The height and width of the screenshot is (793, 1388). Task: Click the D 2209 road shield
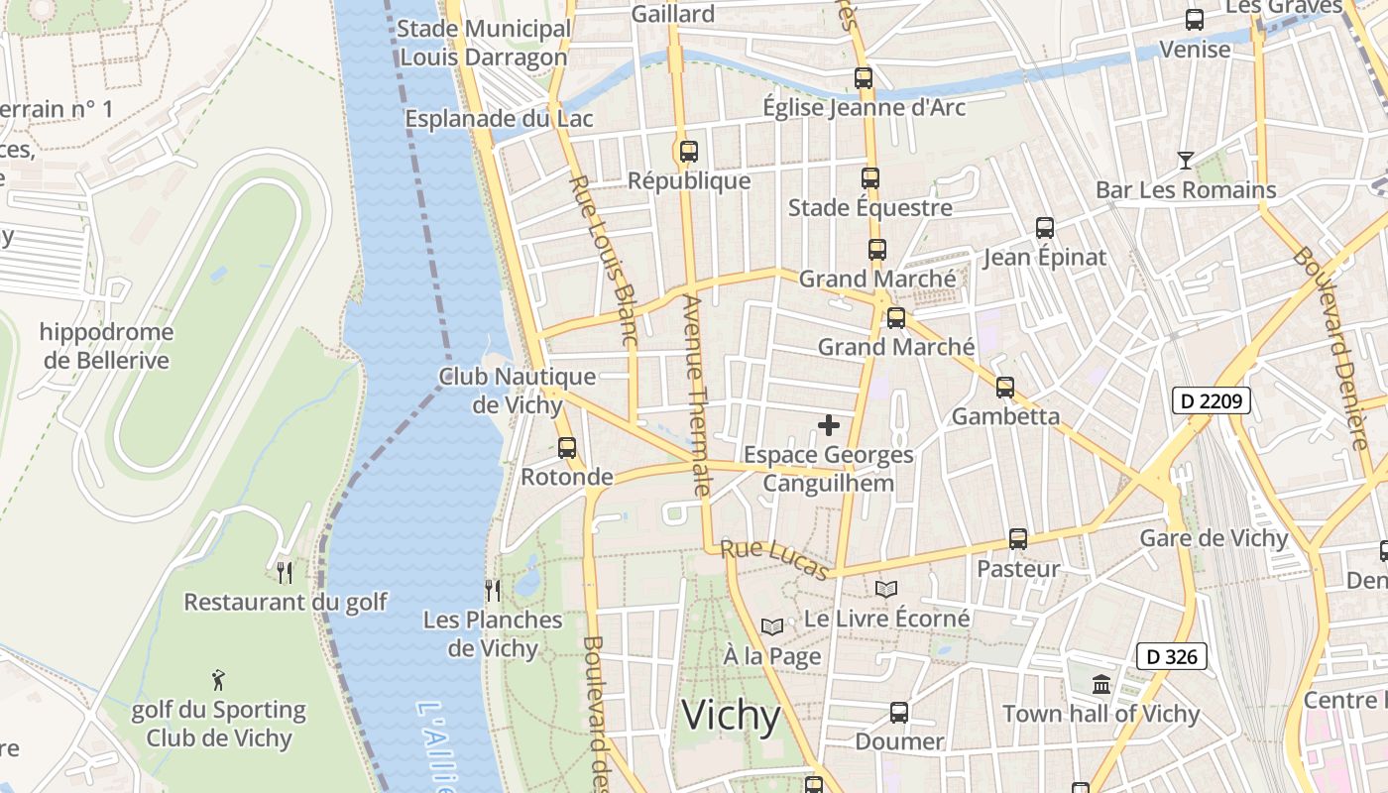click(x=1211, y=400)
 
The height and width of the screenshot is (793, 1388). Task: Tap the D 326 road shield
click(x=1171, y=655)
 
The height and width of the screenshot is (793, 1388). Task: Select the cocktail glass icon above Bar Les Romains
click(x=1185, y=160)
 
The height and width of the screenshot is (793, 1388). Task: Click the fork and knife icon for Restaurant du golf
click(x=285, y=572)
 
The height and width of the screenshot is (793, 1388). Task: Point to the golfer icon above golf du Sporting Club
click(x=219, y=680)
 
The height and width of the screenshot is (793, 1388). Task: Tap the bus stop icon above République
click(x=688, y=152)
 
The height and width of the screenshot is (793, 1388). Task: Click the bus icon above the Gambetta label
click(x=1005, y=387)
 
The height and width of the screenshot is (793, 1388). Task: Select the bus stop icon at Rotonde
click(x=567, y=447)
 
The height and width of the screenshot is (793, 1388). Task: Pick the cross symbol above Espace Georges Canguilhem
click(x=829, y=425)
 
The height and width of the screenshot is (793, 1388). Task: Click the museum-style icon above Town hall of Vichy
click(x=1100, y=684)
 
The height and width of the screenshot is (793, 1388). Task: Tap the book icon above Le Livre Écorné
click(x=885, y=589)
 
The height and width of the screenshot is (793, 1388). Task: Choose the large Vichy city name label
click(x=732, y=715)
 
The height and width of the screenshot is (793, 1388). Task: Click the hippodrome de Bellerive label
click(x=106, y=346)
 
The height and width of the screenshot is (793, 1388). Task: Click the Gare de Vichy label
click(x=1214, y=538)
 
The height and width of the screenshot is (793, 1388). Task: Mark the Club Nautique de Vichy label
click(x=518, y=391)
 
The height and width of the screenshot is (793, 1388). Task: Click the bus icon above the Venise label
click(x=1195, y=20)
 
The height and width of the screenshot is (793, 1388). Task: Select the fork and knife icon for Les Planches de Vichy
click(x=492, y=591)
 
